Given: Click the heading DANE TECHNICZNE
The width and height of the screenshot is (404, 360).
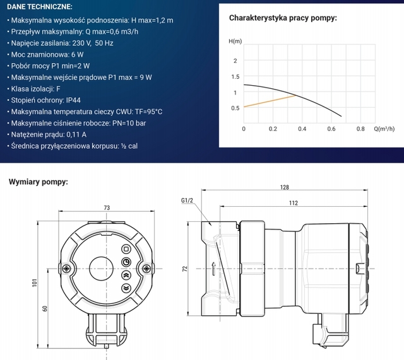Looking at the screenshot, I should [x=39, y=7].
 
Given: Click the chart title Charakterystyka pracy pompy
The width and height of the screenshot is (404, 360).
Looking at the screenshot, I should [x=283, y=18].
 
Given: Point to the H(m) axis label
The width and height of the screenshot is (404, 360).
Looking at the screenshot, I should [x=235, y=41].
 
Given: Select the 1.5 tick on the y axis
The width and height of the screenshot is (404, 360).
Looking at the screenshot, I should [x=235, y=77].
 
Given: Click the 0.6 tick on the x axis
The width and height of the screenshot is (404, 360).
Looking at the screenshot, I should [x=331, y=129].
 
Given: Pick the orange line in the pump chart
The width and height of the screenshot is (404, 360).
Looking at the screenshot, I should [x=268, y=101].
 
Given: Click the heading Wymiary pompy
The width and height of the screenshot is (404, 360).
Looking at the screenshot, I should [x=39, y=182].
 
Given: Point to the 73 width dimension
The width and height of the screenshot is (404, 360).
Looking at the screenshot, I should [x=107, y=208].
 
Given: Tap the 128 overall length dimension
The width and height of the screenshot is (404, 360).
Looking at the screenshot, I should [x=284, y=187].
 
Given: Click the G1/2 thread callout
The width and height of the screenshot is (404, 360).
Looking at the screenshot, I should [x=186, y=201].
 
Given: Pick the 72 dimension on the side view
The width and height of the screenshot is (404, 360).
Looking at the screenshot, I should [x=185, y=269].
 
